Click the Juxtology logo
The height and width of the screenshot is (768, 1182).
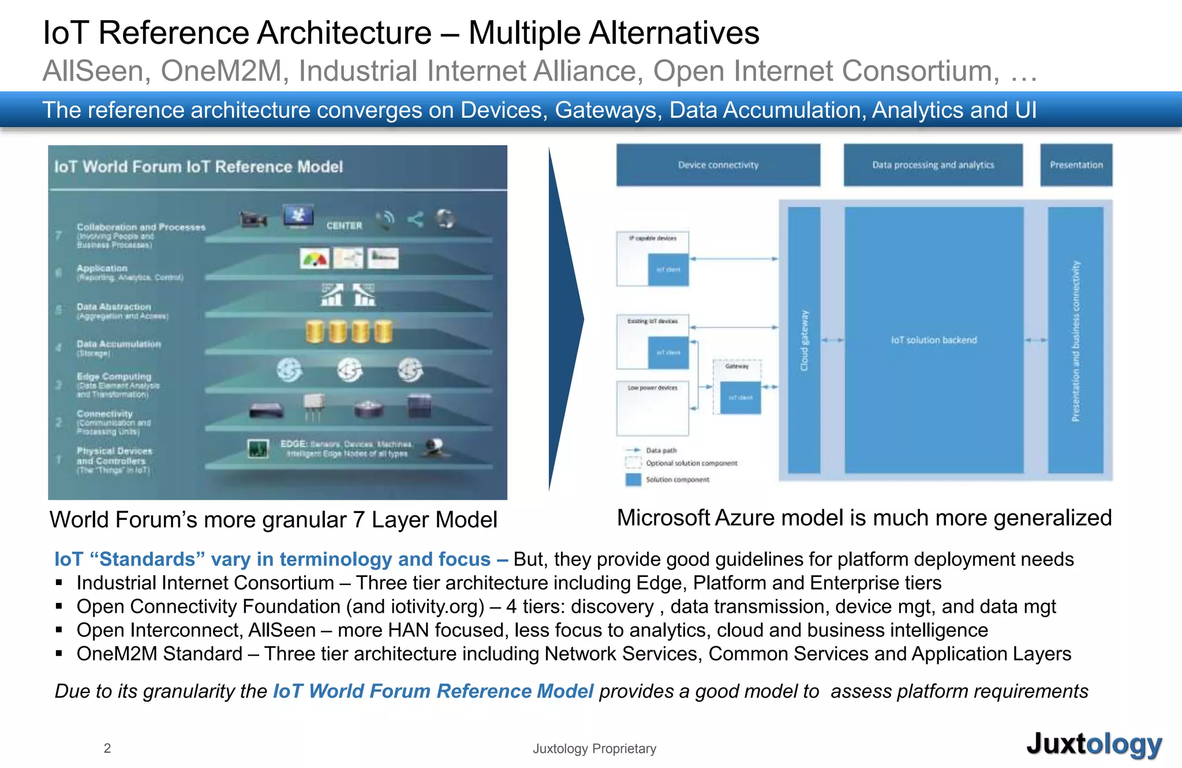pyautogui.click(x=1094, y=744)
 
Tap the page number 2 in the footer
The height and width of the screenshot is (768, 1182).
pyautogui.click(x=107, y=748)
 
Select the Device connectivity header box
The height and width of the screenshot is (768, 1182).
pyautogui.click(x=718, y=165)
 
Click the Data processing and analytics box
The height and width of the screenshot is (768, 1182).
pyautogui.click(x=933, y=165)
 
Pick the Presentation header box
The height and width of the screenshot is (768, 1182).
pyautogui.click(x=1076, y=165)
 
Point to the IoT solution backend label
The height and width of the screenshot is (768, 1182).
pyautogui.click(x=934, y=340)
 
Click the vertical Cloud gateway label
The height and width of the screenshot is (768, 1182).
pyautogui.click(x=805, y=340)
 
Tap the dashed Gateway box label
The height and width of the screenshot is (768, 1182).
pyautogui.click(x=737, y=366)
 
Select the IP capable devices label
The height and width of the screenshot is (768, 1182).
pyautogui.click(x=653, y=238)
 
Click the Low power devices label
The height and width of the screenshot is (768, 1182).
pyautogui.click(x=653, y=388)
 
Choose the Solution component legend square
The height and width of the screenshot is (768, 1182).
pyautogui.click(x=634, y=479)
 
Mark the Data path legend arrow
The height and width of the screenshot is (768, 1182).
pyautogui.click(x=634, y=450)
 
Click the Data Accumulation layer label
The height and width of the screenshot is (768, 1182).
pyautogui.click(x=119, y=344)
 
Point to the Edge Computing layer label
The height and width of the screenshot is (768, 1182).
pyautogui.click(x=114, y=377)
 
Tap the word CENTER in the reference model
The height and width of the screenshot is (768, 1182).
pyautogui.click(x=344, y=226)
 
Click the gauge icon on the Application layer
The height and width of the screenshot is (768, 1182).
pyautogui.click(x=315, y=259)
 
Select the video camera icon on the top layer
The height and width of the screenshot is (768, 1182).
pyautogui.click(x=253, y=220)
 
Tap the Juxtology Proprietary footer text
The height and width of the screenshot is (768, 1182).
pyautogui.click(x=594, y=748)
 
